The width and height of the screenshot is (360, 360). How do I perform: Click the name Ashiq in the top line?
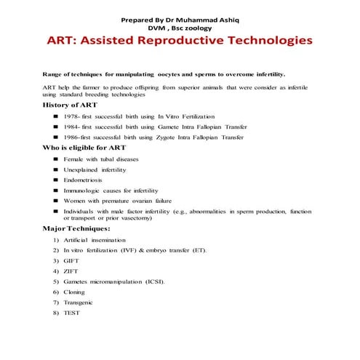point(229,16)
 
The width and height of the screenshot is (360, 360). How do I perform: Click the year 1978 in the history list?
point(71,116)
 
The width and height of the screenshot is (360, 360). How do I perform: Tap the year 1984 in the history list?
point(71,127)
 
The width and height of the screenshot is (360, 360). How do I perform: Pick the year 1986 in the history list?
point(71,137)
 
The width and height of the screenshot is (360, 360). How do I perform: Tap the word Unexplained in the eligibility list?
point(81,169)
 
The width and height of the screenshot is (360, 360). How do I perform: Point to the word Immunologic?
point(81,190)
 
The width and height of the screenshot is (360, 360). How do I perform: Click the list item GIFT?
point(71,260)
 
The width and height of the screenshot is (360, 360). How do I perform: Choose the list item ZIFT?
point(71,271)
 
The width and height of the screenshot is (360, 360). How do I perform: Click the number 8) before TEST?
point(56,313)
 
